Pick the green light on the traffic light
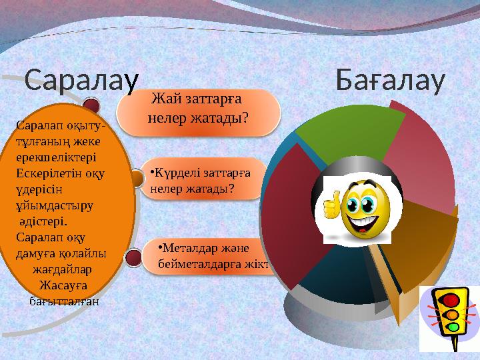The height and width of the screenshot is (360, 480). click(x=453, y=327)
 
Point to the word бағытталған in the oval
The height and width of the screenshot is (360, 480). click(x=65, y=301)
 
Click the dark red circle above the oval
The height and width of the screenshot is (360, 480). click(x=92, y=106)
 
